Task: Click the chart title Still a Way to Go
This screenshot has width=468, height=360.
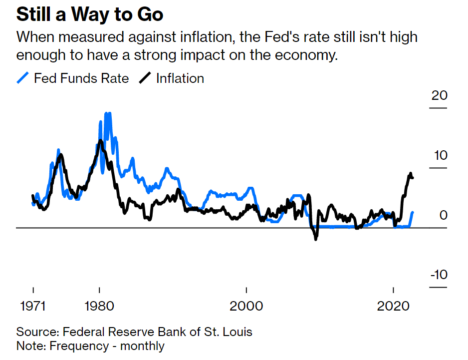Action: click(90, 14)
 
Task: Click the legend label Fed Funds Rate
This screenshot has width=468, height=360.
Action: click(81, 78)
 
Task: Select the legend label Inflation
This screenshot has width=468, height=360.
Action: click(180, 78)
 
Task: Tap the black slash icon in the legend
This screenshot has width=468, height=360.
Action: click(146, 78)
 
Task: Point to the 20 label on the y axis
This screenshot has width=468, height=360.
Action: click(439, 95)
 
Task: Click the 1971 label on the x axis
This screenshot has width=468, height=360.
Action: click(33, 306)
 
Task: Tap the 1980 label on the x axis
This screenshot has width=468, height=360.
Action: click(100, 306)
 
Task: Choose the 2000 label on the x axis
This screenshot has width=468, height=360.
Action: click(246, 306)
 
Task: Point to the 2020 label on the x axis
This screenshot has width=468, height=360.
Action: click(394, 306)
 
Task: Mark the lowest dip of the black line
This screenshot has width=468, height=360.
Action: click(315, 240)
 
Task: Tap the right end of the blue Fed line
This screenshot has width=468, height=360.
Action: click(413, 213)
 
